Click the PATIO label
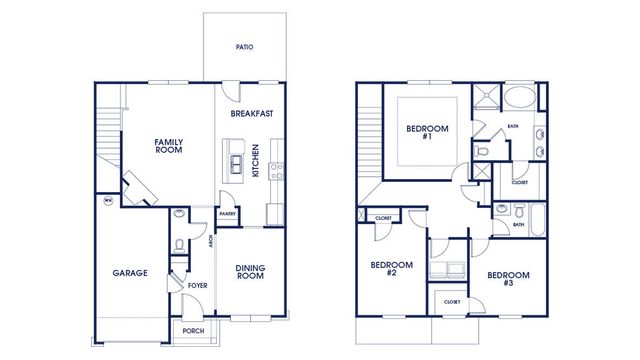point(243,46)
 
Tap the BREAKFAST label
point(252,113)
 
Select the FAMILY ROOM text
point(168,146)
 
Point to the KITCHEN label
point(256,161)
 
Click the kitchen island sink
point(236,160)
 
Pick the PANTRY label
point(228,213)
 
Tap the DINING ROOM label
point(250,271)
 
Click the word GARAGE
point(130,272)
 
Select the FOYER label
point(196,286)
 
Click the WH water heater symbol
point(107,200)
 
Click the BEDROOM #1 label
point(427,132)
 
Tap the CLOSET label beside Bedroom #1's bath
point(519,183)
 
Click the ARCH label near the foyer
point(211,241)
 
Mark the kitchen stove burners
point(277,169)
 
